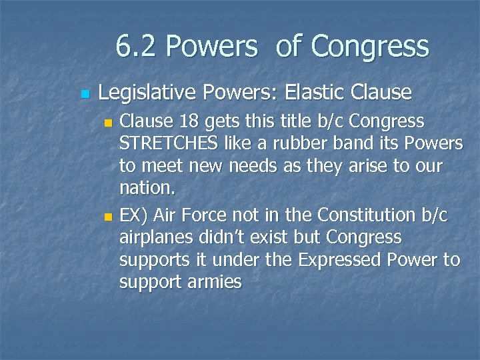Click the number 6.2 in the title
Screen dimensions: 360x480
pyautogui.click(x=137, y=47)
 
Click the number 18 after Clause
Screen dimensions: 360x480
pyautogui.click(x=185, y=122)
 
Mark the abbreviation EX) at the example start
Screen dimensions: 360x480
pyautogui.click(x=132, y=215)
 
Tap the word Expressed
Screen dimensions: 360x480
pyautogui.click(x=343, y=260)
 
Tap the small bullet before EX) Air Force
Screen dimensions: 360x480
pyautogui.click(x=109, y=217)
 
